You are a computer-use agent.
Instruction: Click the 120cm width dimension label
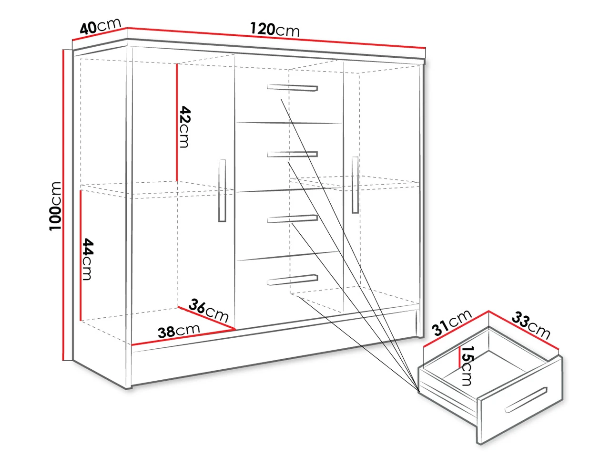(x=274, y=30)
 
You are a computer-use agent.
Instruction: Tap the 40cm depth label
(x=101, y=26)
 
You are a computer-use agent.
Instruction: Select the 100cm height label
(x=55, y=206)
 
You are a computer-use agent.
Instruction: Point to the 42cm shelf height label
(x=184, y=127)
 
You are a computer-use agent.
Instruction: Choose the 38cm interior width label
(x=178, y=331)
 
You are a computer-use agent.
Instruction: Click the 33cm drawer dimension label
(x=531, y=325)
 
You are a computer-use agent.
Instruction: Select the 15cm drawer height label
(x=467, y=365)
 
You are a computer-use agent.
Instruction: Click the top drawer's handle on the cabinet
(x=292, y=88)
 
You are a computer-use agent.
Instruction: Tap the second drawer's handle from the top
(x=292, y=154)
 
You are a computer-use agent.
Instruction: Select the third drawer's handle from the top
(x=292, y=219)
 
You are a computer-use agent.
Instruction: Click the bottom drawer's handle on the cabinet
(x=292, y=280)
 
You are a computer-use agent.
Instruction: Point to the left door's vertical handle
(x=222, y=190)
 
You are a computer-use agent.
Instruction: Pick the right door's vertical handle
(x=355, y=185)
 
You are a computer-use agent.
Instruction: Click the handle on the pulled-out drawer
(x=526, y=400)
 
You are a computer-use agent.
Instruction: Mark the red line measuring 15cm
(x=460, y=357)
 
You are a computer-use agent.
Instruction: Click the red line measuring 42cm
(x=176, y=122)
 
